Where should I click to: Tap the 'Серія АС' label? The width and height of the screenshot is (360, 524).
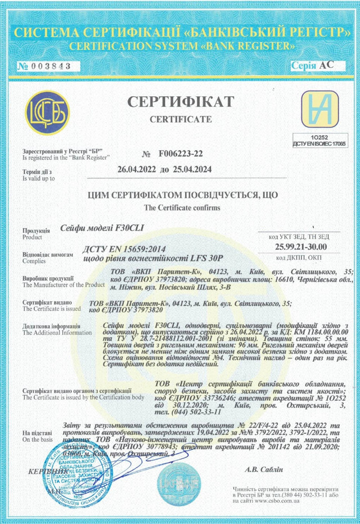point(312,65)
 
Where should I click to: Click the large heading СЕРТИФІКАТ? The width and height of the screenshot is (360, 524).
point(180,102)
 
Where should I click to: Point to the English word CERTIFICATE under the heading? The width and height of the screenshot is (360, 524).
point(180,119)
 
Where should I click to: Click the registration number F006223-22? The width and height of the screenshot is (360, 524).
point(181,154)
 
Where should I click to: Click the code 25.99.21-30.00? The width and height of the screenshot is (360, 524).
point(301,247)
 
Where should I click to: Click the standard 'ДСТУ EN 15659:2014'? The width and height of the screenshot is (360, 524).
point(116,248)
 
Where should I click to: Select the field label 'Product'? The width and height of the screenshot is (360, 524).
point(31,238)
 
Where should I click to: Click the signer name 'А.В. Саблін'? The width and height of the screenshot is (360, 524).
point(265,469)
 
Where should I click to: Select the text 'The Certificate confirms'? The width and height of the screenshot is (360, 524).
point(180,208)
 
